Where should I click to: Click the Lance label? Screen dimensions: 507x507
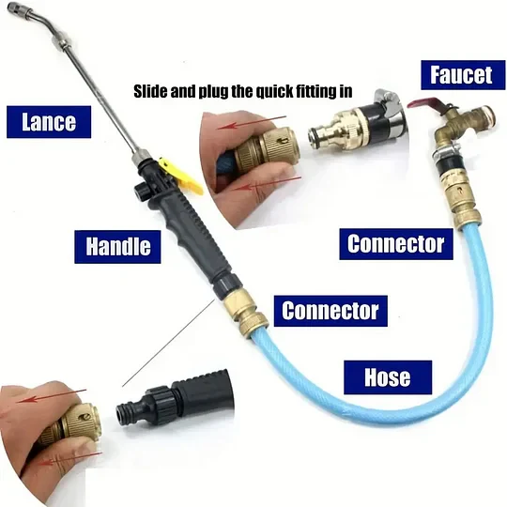point(49,122)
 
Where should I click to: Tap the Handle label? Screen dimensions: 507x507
point(117,247)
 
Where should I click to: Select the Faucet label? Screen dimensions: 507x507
point(463,75)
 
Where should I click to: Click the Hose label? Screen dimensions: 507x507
point(388,377)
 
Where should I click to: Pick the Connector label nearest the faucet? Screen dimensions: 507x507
point(396,244)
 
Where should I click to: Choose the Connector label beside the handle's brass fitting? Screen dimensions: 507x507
point(330,311)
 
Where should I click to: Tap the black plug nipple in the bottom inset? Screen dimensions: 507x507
point(130,413)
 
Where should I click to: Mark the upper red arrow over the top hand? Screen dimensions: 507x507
point(252,122)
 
